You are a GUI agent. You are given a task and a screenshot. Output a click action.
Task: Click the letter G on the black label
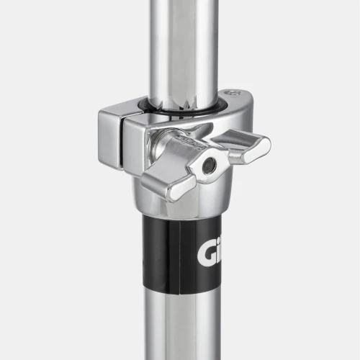[x=204, y=254]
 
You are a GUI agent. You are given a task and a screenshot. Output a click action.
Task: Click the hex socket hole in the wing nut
[x=210, y=166]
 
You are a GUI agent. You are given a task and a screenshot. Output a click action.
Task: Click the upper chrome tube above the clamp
[x=184, y=43]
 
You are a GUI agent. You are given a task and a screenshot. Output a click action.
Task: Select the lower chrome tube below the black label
[x=184, y=324]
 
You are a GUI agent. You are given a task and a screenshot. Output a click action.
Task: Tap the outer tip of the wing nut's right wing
[x=265, y=144]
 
